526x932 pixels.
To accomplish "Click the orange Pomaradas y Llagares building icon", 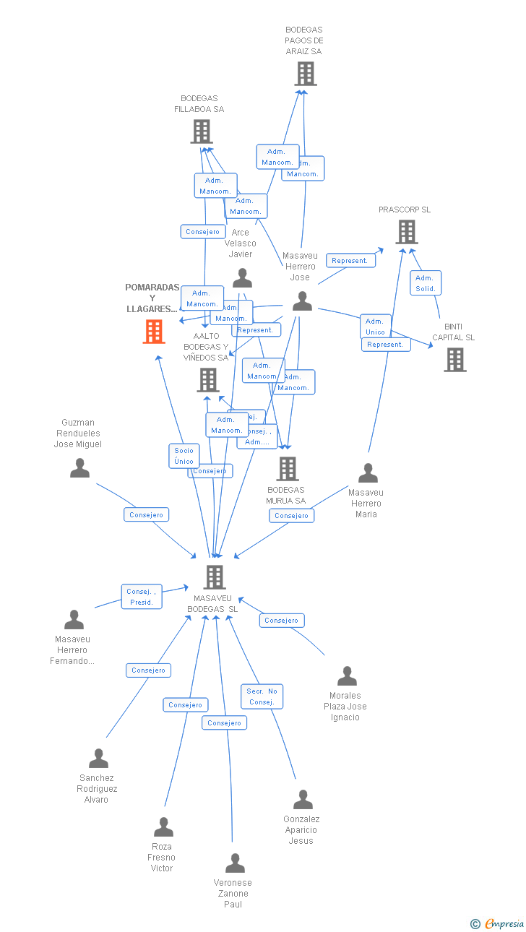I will click(153, 332).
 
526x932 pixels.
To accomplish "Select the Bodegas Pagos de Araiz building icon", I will click(305, 74).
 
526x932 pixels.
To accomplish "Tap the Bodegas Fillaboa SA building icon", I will click(201, 131).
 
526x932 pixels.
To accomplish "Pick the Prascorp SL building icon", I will click(406, 232).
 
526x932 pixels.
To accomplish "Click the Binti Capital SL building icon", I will click(454, 360).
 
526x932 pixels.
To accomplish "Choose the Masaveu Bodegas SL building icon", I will click(214, 577).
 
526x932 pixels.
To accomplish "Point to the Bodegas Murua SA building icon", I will click(287, 469).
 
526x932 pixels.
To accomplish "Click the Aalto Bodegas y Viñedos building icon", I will click(207, 379).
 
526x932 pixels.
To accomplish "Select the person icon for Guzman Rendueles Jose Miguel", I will click(79, 468).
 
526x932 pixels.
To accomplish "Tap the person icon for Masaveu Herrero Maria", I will click(368, 473).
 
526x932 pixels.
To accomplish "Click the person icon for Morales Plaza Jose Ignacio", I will click(347, 676).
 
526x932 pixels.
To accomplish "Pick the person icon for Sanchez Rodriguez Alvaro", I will click(98, 759).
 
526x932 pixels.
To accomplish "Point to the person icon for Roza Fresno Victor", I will click(163, 827).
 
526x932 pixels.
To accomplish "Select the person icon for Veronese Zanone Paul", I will click(235, 863).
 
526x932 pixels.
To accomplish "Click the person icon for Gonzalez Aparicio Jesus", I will click(303, 800).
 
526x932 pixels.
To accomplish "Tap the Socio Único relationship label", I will click(184, 456).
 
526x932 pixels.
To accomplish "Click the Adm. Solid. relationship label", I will click(425, 283).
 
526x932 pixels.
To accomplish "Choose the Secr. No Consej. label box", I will click(262, 696).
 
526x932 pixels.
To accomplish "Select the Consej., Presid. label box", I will click(142, 597).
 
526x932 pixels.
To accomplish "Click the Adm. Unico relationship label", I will click(375, 327).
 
